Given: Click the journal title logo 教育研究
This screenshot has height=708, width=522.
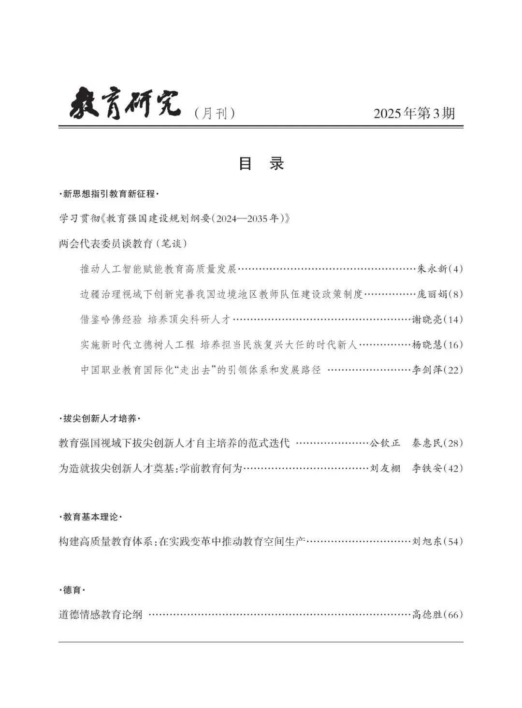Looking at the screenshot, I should tap(125, 103).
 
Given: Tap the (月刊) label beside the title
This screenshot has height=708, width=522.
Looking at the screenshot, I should tap(214, 114).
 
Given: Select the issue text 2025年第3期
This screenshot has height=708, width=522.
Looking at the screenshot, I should tap(414, 114).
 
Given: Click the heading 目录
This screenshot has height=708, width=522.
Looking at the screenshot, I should tap(261, 163).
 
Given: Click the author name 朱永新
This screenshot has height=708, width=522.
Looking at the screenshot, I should tap(432, 269).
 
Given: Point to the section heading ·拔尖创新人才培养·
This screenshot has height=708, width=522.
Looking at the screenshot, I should tap(99, 419).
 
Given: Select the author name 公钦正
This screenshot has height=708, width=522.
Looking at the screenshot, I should tap(385, 443).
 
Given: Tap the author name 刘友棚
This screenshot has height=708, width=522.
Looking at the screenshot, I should tap(385, 468).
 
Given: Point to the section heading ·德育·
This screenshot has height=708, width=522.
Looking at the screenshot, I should tap(72, 591).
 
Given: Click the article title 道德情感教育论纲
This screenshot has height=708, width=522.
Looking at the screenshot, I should tap(101, 615).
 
